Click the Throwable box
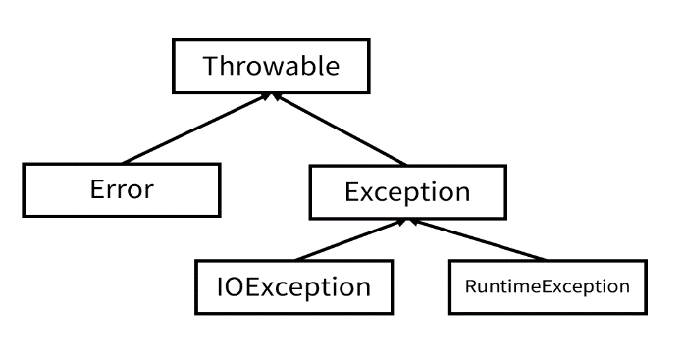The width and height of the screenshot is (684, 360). pyautogui.click(x=271, y=67)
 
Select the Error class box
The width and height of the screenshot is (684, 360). pyautogui.click(x=122, y=189)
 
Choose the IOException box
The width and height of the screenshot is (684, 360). pyautogui.click(x=293, y=287)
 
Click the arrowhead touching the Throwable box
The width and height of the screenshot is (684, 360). pyautogui.click(x=274, y=96)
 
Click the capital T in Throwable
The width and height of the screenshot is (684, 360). pyautogui.click(x=211, y=67)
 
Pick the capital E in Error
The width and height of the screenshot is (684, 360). pyautogui.click(x=96, y=188)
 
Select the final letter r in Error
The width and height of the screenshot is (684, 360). pyautogui.click(x=148, y=190)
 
